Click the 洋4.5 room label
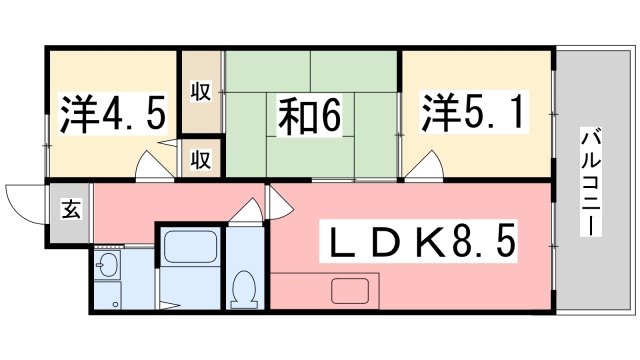click(x=111, y=115)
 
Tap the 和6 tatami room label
click(x=309, y=117)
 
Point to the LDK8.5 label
click(x=418, y=243)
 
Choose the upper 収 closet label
click(x=201, y=92)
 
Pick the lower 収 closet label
click(x=201, y=158)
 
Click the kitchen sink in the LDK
click(x=350, y=292)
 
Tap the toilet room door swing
click(x=243, y=214)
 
